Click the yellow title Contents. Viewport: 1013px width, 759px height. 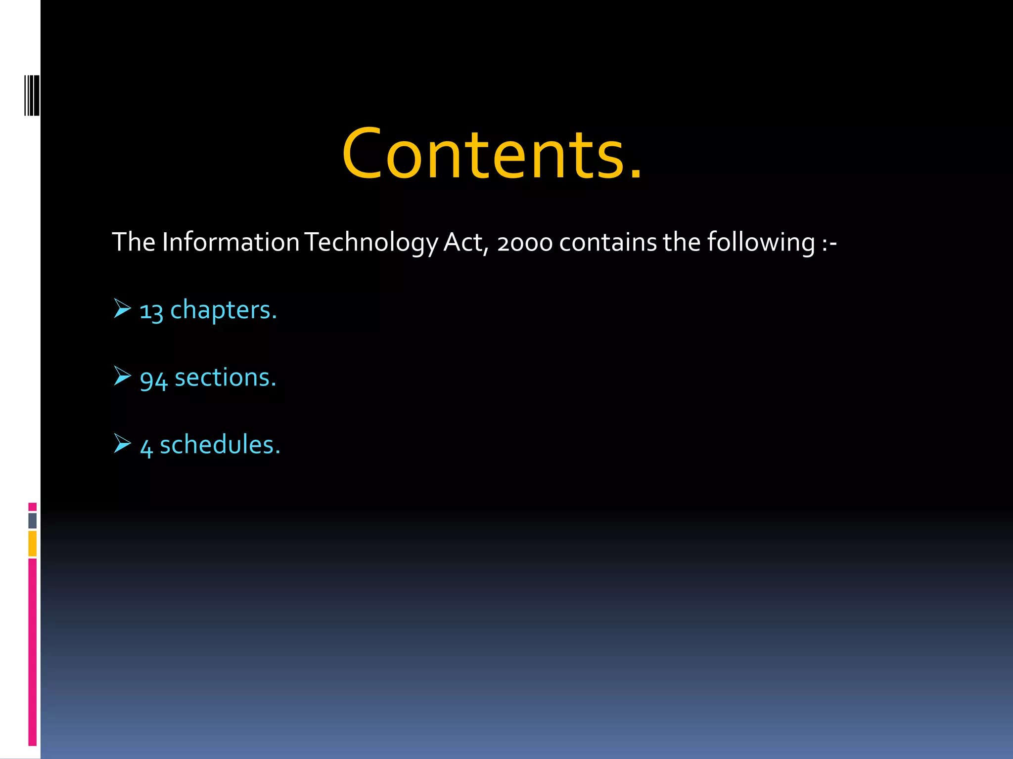point(492,154)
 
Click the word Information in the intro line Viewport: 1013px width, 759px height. point(230,242)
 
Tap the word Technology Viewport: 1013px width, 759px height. point(371,242)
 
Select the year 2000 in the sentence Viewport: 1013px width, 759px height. point(524,243)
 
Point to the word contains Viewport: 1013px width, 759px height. point(608,242)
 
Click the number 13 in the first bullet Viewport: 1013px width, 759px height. point(151,311)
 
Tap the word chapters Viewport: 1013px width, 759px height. point(224,310)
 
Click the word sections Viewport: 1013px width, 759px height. point(226,378)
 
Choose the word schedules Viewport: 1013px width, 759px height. point(220,445)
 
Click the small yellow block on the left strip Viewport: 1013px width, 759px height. point(32,543)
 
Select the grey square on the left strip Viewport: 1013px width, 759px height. point(32,520)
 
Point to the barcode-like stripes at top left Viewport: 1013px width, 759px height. point(32,95)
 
